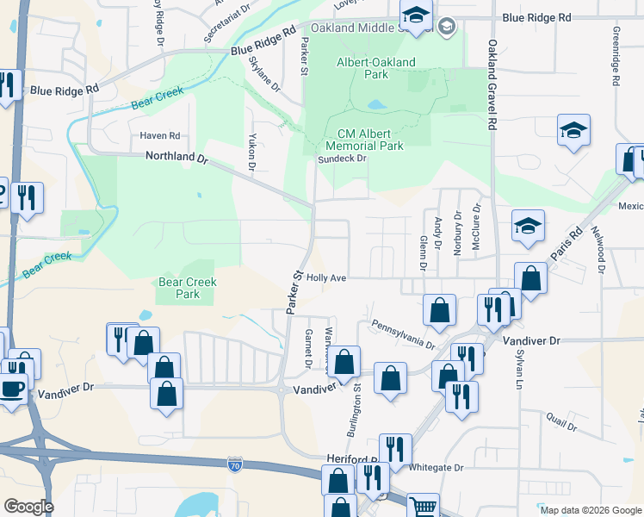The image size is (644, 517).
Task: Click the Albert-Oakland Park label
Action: click(375, 68)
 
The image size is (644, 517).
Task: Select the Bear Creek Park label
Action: click(188, 288)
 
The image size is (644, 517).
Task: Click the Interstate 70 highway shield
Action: click(235, 465)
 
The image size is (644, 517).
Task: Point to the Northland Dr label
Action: click(177, 159)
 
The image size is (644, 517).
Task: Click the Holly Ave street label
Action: click(326, 278)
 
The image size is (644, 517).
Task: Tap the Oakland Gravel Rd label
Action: click(492, 87)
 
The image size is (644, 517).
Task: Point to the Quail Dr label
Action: click(561, 421)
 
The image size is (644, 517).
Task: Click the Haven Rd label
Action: click(160, 136)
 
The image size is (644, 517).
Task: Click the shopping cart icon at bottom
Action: click(422, 508)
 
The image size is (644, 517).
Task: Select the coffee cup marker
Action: click(12, 389)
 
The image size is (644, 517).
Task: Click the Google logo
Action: click(28, 507)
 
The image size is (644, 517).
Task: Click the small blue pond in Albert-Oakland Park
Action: click(376, 106)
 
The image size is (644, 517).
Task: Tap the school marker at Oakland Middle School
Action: click(416, 16)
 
